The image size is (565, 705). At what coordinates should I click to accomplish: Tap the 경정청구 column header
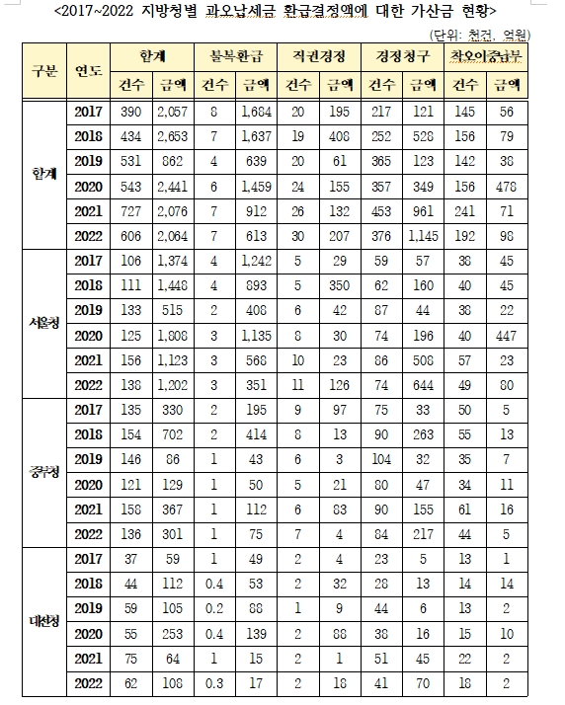pos(393,53)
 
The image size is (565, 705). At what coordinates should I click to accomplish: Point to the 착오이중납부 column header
pos(480,53)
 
